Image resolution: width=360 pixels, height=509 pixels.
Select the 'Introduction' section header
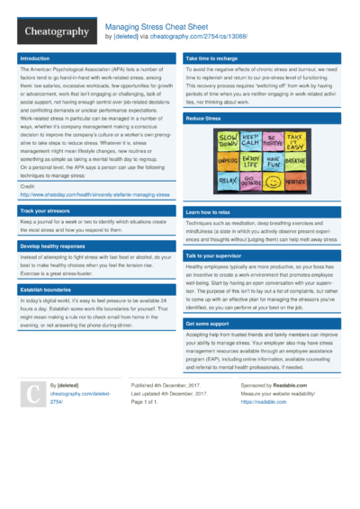coord(35,58)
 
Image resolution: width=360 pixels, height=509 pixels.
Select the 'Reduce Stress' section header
coord(204,118)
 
